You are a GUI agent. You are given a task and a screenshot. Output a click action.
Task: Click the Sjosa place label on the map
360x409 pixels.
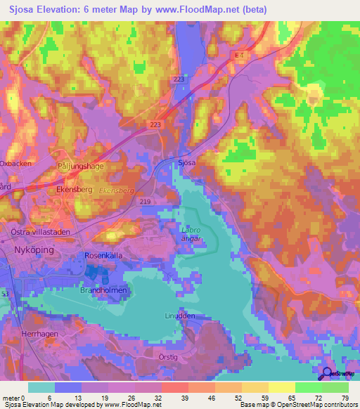coord(186,162)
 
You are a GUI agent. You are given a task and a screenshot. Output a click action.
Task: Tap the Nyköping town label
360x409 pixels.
coord(34,249)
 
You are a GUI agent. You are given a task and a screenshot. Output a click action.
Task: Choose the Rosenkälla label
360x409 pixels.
coord(103,257)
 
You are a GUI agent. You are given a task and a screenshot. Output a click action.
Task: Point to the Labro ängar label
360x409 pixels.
coord(190,234)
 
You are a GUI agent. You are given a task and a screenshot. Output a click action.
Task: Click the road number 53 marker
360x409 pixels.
coord(5,292)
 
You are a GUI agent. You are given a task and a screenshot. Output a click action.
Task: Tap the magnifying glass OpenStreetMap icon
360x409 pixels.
coord(328,374)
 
